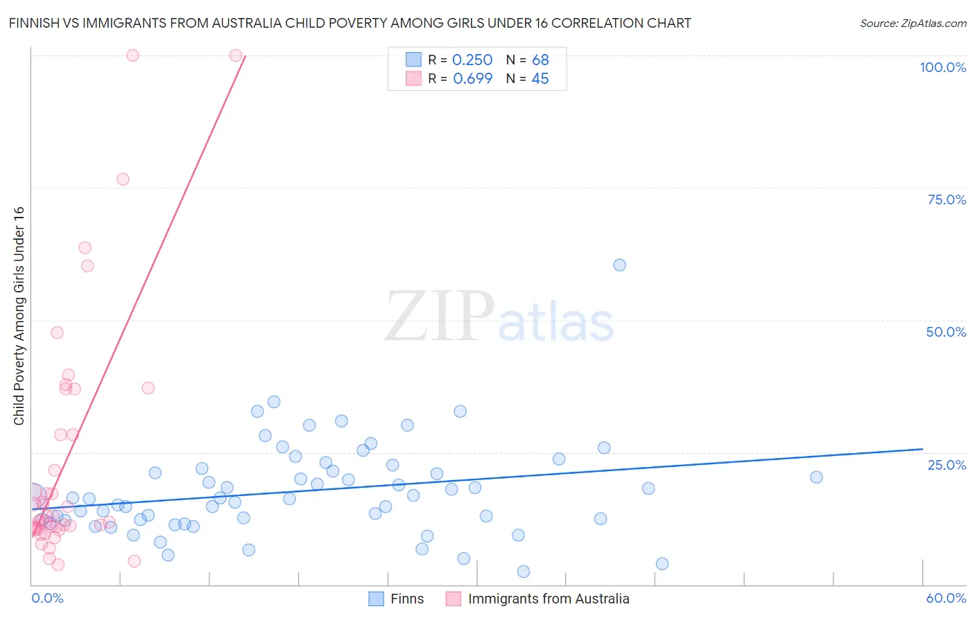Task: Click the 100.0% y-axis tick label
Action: (x=942, y=67)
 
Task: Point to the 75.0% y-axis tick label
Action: (x=947, y=200)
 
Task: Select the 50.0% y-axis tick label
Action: (x=946, y=332)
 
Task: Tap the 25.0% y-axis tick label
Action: (x=947, y=465)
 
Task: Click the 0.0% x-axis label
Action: (x=47, y=598)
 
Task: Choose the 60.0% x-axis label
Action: (x=946, y=598)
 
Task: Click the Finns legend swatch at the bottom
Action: (x=377, y=599)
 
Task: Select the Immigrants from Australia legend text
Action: (x=549, y=599)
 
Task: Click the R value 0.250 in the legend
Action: (x=472, y=60)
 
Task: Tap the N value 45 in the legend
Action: (x=540, y=79)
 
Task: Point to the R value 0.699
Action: (x=472, y=79)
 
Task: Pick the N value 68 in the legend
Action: (x=540, y=60)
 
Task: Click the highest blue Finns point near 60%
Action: (x=619, y=265)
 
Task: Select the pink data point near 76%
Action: (x=123, y=179)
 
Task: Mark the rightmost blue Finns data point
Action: (x=816, y=477)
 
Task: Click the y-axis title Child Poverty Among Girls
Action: (x=19, y=316)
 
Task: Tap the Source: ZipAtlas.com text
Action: (x=913, y=24)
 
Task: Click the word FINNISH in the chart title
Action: (x=37, y=23)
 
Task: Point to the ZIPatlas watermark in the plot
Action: (x=499, y=317)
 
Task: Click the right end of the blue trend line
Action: (x=922, y=449)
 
